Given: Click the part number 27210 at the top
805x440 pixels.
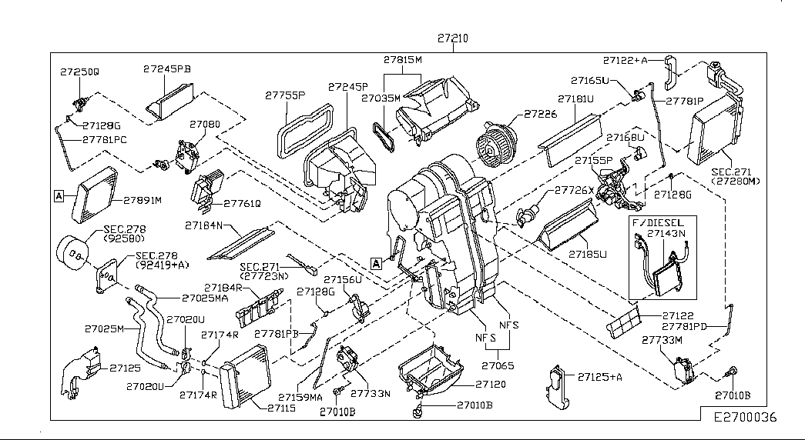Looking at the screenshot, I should tap(453, 38).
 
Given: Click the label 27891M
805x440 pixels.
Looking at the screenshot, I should tap(142, 200).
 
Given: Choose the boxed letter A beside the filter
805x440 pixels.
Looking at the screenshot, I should tap(59, 197).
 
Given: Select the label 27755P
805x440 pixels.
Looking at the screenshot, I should tap(286, 95).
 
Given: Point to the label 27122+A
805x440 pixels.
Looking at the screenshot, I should tap(626, 59).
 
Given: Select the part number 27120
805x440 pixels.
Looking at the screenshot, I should tap(490, 384).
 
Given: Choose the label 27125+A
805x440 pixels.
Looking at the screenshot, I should tap(599, 377).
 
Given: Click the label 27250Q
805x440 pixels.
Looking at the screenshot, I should tap(79, 71).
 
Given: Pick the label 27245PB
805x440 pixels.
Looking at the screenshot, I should tap(166, 68).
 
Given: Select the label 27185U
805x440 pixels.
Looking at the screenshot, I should tap(588, 253).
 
